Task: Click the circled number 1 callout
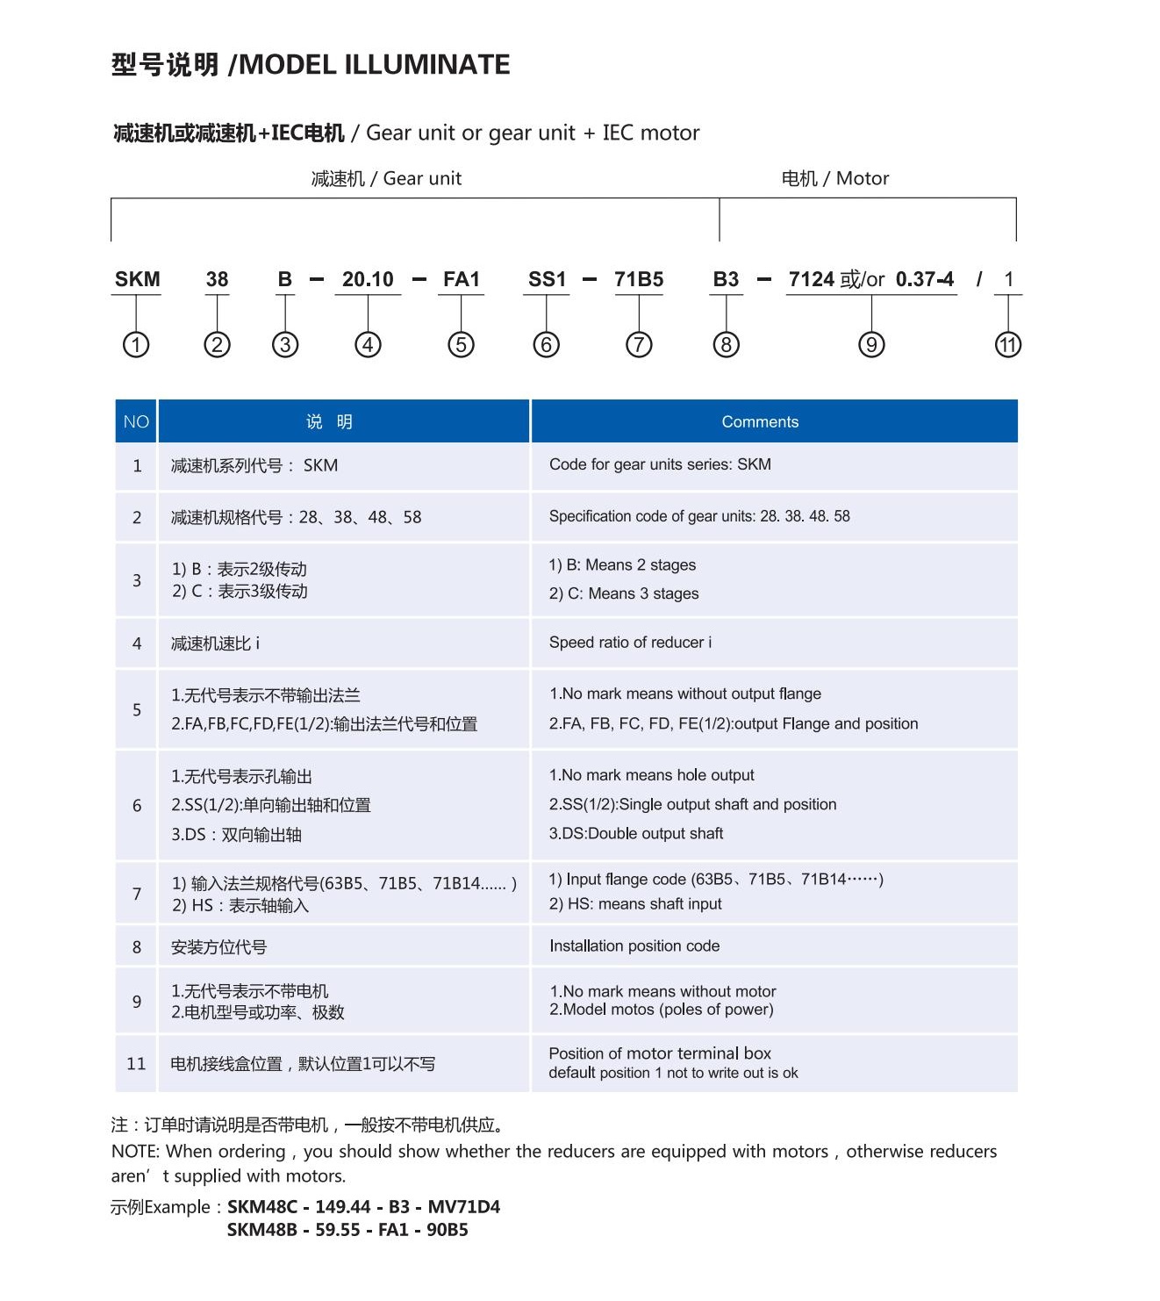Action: point(136,345)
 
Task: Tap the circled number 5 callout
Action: point(461,345)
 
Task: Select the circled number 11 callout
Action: point(1008,345)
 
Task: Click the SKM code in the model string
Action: point(137,280)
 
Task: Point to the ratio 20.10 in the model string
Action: point(368,280)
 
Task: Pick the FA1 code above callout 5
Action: point(462,280)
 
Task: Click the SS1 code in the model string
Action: point(547,280)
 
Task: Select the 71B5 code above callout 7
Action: point(639,280)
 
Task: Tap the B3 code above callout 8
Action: point(726,280)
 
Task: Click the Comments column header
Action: point(760,422)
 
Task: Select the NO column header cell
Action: point(136,422)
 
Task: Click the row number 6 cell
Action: point(137,806)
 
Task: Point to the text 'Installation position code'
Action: point(634,946)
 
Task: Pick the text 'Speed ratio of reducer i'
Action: point(630,643)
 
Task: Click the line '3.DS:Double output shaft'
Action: point(636,834)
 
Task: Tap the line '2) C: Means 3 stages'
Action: point(624,594)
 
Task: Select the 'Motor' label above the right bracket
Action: point(863,179)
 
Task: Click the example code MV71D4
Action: point(463,1207)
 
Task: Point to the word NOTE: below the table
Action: point(135,1152)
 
